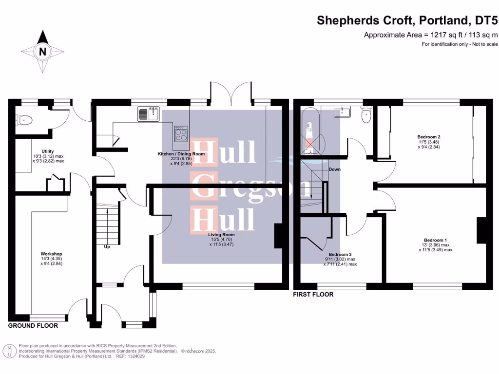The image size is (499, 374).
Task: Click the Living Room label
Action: point(221,235)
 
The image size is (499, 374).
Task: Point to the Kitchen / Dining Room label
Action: point(181,154)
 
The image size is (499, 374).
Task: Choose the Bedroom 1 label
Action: point(435,240)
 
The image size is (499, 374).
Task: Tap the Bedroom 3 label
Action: point(340,255)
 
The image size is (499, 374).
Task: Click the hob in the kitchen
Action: point(181,133)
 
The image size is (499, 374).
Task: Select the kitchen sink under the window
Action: point(149,114)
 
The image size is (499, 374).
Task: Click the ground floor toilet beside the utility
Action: point(24,119)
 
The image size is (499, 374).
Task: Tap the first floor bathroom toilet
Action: point(366,114)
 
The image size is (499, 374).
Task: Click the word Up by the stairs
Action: point(107,246)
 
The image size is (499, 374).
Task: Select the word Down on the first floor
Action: point(334,169)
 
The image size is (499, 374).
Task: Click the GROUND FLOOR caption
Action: point(33,326)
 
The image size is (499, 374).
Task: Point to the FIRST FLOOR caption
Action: point(313,295)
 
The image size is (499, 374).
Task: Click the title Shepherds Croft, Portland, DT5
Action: point(407,20)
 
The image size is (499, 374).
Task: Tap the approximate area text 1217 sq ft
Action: point(431,35)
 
